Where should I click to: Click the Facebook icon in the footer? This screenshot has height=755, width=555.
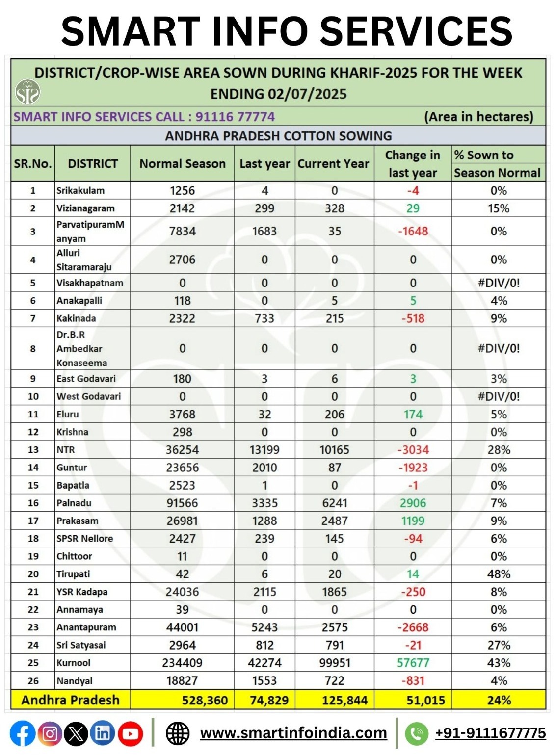[x=23, y=734]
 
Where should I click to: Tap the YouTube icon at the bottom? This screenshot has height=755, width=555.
[x=130, y=734]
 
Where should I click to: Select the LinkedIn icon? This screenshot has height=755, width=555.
[x=103, y=734]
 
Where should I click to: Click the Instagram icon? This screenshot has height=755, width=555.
[x=50, y=734]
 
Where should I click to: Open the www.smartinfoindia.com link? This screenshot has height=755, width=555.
[x=293, y=733]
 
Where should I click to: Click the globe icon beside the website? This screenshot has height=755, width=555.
[x=178, y=733]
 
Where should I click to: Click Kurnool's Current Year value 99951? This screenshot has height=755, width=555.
[x=335, y=663]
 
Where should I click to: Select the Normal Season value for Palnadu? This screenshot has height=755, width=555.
[x=182, y=503]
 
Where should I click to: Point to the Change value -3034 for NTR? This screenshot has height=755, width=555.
[x=413, y=450]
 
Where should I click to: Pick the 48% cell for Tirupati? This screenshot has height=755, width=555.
[x=499, y=574]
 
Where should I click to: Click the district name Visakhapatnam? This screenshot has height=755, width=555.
[x=90, y=283]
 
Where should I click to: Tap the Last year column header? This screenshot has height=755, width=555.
[x=264, y=164]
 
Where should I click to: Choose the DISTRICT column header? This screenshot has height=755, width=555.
[x=93, y=164]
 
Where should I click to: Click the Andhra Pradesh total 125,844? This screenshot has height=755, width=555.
[x=344, y=700]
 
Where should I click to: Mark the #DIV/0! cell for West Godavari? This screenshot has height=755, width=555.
[x=499, y=396]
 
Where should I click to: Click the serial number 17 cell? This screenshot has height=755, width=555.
[x=33, y=521]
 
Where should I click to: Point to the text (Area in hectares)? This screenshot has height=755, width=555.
[x=478, y=117]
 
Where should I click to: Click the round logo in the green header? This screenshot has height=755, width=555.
[x=27, y=92]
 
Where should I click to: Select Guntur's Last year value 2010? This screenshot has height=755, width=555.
[x=264, y=468]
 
